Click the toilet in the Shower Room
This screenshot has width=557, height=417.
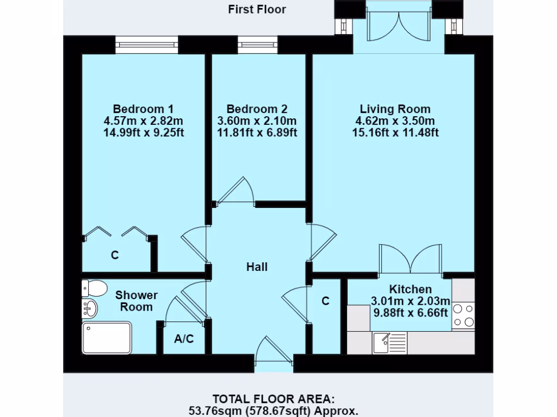pos(94,288)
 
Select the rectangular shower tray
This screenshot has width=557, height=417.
pos(107,338)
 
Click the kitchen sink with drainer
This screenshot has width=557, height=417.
pos(389,343)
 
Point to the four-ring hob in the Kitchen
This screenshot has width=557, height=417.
pos(463,315)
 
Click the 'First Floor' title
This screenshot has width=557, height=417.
pos(257,9)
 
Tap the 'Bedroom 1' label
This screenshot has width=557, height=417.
pos(143,109)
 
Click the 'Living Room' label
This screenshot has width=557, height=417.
pos(395,109)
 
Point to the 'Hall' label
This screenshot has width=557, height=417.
pos(257,267)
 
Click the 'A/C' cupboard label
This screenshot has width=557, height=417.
pos(184,339)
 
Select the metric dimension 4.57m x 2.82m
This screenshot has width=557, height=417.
pos(143,120)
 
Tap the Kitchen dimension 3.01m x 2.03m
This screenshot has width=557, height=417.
pos(411,301)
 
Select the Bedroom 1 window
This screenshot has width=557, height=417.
pos(146,45)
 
